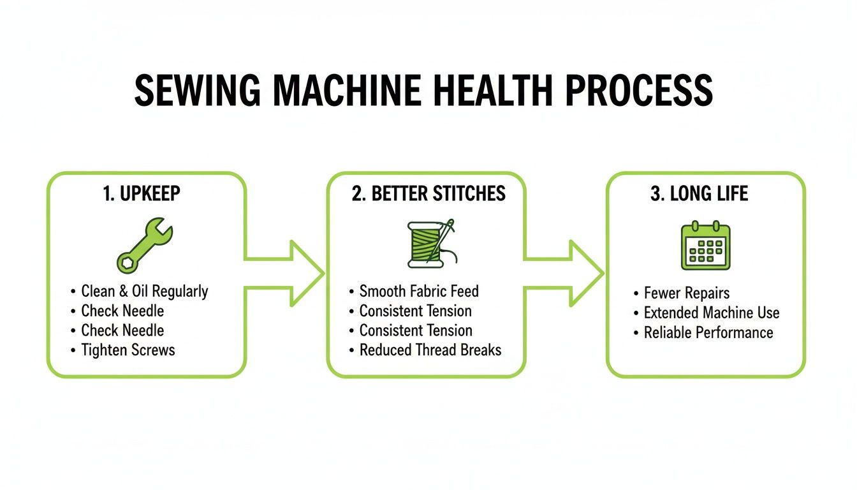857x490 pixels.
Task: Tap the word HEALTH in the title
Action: (x=494, y=91)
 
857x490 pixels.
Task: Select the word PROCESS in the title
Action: (x=639, y=91)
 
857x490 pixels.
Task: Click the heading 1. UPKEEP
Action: (x=142, y=194)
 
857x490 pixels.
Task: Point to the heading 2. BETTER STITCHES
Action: (x=428, y=194)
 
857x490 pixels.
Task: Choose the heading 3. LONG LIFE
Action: (x=699, y=194)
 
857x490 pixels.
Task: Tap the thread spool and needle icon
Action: (x=431, y=244)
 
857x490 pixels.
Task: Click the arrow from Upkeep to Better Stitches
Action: (x=287, y=274)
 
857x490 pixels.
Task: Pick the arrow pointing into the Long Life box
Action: (x=566, y=274)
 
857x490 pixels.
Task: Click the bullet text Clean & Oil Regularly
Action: (x=145, y=292)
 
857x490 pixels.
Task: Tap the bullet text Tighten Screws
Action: (x=128, y=350)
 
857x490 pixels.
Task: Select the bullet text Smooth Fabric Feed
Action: (x=419, y=292)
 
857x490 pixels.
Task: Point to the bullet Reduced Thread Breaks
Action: (x=430, y=350)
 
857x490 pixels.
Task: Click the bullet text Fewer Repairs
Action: (x=687, y=293)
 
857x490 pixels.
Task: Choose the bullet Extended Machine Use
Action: (x=712, y=313)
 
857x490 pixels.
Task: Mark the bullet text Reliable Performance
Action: (x=708, y=332)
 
